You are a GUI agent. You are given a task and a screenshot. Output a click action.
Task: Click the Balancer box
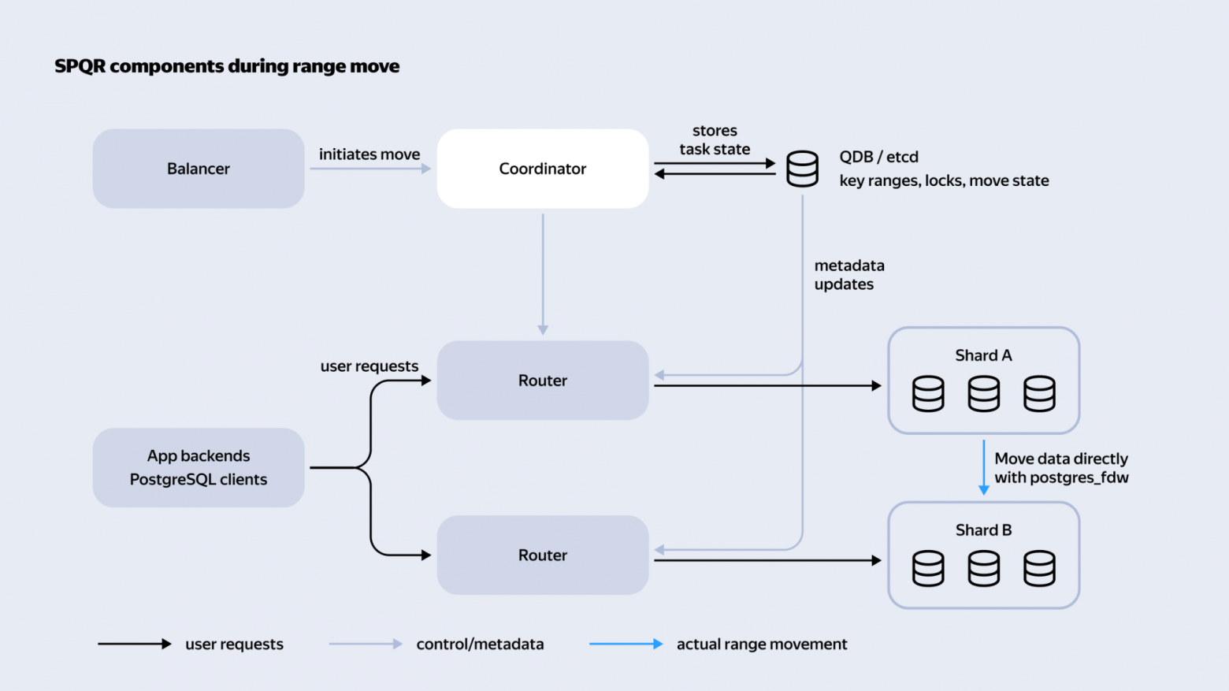(198, 169)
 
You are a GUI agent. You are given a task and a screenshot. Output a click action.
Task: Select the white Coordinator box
(543, 169)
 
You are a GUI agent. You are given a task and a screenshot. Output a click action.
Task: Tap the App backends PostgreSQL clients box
(198, 467)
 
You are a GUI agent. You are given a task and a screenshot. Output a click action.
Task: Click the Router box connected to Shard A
(543, 381)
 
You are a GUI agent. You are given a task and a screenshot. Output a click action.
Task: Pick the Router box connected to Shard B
(543, 555)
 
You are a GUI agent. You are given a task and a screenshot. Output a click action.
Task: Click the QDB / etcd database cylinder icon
(802, 169)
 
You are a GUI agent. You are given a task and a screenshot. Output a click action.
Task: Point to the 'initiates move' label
(369, 154)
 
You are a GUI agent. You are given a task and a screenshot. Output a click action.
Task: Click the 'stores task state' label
(715, 140)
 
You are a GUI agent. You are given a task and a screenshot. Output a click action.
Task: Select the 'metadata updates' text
(849, 275)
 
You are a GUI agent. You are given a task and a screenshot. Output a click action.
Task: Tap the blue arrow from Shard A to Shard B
(984, 467)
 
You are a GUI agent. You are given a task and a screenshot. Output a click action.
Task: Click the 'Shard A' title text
(983, 355)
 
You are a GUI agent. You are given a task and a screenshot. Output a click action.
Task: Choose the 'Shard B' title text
(983, 530)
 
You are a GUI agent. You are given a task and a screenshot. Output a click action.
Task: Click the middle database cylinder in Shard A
(983, 393)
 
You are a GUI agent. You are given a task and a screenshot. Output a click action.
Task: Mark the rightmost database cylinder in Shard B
(1039, 569)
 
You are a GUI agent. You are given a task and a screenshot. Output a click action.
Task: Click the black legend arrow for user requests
(135, 644)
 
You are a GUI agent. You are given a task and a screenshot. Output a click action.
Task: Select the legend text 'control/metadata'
(480, 644)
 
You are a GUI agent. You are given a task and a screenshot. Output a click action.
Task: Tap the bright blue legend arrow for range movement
(626, 644)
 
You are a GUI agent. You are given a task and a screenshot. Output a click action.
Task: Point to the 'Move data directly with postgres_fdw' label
(1062, 468)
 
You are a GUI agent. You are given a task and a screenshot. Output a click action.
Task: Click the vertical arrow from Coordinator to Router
(543, 274)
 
